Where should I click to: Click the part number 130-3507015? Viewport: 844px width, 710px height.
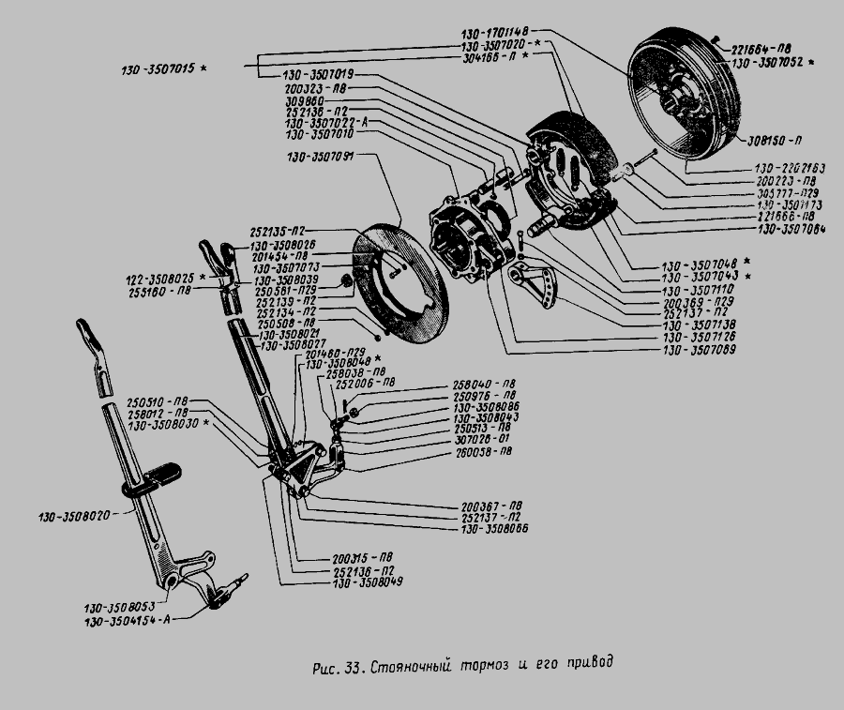159,71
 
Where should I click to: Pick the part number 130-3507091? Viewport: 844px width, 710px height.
320,157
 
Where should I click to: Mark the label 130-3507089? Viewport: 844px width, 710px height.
699,349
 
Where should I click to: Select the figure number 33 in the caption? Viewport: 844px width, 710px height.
354,668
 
